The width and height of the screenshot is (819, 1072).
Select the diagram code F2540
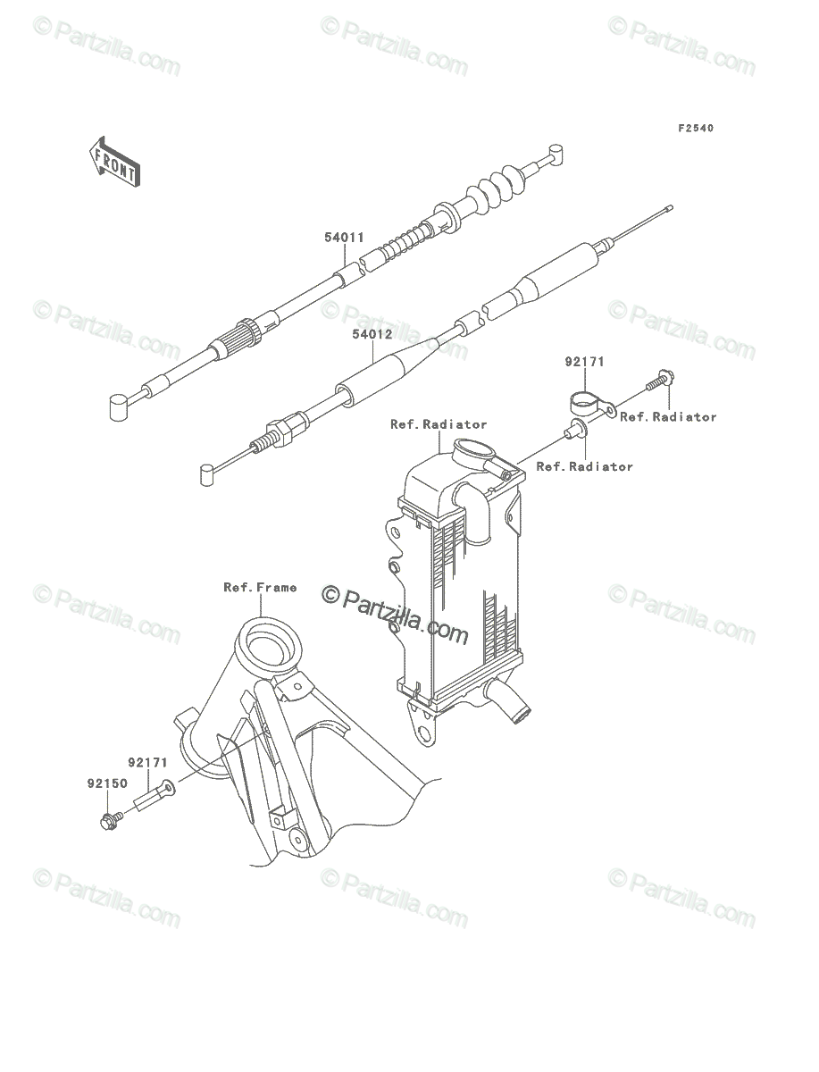696,128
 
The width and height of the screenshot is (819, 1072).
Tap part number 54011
345,238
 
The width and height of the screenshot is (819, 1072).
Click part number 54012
373,334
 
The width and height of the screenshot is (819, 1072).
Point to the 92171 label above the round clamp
585,362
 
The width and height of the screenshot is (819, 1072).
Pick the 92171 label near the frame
148,762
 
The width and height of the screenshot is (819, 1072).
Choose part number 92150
107,783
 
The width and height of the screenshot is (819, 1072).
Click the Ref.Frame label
260,587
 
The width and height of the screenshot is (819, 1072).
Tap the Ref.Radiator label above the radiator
439,424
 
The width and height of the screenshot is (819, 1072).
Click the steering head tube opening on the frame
269,641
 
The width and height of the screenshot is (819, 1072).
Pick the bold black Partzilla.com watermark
395,616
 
